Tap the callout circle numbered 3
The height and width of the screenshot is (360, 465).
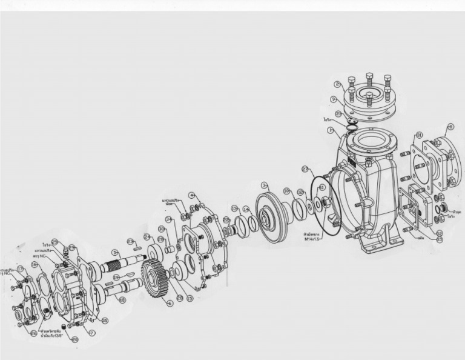click(264, 184)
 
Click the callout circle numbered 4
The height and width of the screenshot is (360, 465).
click(191, 195)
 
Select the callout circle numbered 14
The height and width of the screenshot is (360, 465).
click(246, 209)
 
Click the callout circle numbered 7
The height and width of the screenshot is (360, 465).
click(92, 333)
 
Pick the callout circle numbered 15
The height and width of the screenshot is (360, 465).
click(189, 298)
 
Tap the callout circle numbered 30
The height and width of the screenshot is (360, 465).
click(162, 228)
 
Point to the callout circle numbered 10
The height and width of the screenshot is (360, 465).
click(286, 191)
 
